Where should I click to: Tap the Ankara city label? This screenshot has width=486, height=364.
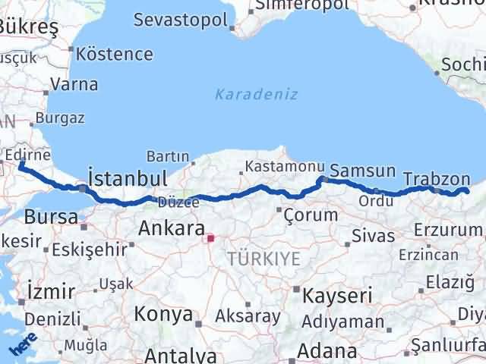(171, 227)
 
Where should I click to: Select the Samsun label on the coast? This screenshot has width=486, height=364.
(363, 171)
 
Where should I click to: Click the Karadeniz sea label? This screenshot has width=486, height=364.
(256, 95)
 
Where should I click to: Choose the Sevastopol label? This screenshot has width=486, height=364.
(180, 20)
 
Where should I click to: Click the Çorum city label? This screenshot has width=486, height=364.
(310, 215)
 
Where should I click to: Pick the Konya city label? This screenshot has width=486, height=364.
(163, 313)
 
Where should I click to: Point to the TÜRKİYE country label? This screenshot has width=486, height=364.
(263, 259)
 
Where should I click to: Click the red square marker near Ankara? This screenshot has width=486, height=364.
(211, 238)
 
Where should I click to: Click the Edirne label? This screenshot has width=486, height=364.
(27, 155)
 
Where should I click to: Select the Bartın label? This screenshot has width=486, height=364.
(167, 156)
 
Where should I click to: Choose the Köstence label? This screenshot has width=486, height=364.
(115, 55)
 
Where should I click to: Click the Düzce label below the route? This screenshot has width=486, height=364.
(178, 202)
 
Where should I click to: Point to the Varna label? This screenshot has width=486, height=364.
(74, 84)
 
